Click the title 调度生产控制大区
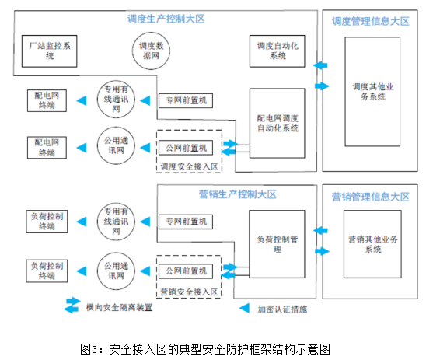(166, 19)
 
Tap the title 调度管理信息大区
(371, 21)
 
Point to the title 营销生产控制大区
(237, 194)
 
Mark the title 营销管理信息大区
(371, 197)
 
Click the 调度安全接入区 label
(189, 166)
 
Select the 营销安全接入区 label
(189, 292)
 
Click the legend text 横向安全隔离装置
(119, 308)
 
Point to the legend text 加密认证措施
(282, 309)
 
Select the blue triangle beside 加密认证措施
(244, 308)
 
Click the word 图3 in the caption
(89, 349)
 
